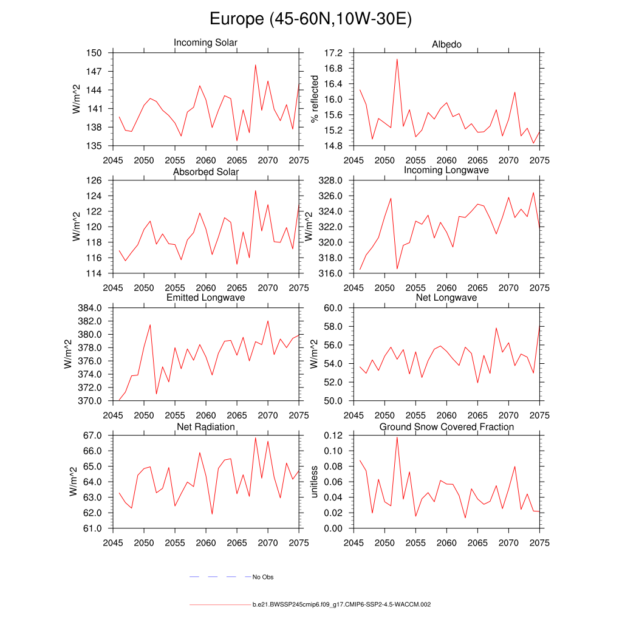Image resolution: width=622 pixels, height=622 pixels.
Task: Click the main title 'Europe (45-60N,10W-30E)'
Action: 310,19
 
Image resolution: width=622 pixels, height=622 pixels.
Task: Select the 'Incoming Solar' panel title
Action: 205,43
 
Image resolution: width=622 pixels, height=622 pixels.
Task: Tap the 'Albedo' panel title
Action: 446,44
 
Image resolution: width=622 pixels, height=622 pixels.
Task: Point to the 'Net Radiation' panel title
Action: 205,427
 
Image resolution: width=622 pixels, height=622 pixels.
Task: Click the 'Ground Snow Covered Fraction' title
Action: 446,427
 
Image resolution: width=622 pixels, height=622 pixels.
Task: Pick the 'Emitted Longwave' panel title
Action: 205,298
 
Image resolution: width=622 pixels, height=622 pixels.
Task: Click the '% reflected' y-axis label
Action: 314,99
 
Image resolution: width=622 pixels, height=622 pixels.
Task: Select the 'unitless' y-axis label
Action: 314,482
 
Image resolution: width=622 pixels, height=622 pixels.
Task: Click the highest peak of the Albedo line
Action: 397,59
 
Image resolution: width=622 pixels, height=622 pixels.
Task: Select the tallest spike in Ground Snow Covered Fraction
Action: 397,437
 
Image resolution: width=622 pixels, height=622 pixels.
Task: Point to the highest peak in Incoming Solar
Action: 255,64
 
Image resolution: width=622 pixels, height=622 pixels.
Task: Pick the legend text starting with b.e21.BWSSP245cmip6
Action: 341,605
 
